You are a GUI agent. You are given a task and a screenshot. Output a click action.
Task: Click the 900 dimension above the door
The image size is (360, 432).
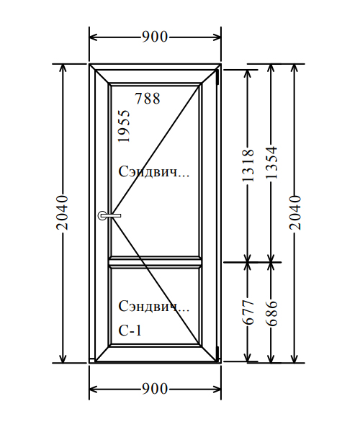click(155, 37)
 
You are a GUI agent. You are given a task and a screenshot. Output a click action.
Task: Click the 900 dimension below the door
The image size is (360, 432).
click(155, 389)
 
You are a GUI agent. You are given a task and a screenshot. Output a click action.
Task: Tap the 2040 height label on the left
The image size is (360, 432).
click(62, 212)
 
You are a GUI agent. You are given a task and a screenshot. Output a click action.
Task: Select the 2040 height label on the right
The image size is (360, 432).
click(295, 212)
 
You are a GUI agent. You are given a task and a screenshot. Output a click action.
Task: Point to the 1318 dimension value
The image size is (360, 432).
click(248, 166)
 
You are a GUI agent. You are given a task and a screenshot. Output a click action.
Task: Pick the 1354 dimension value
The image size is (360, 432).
click(271, 163)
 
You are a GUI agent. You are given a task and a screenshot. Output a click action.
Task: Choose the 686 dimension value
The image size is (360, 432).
click(271, 313)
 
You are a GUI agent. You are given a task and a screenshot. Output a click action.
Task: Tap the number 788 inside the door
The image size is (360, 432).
click(148, 99)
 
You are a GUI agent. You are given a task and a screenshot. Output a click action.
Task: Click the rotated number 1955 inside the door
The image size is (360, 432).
click(124, 126)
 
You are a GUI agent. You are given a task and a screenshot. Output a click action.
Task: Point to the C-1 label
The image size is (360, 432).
click(130, 330)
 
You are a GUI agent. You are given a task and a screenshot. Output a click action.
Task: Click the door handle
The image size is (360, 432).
click(109, 215)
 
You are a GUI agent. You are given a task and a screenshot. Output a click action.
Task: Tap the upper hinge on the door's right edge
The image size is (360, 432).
click(217, 76)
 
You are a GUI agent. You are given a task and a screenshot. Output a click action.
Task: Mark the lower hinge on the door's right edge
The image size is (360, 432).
click(217, 354)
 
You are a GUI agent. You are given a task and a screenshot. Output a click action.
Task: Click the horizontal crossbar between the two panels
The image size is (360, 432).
click(155, 262)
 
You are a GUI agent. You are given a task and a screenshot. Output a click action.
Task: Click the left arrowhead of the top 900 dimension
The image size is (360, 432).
click(94, 37)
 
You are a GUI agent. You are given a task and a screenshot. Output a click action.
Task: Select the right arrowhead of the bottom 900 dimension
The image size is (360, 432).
click(217, 389)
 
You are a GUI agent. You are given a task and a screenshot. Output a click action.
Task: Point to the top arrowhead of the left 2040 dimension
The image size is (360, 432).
click(63, 68)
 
